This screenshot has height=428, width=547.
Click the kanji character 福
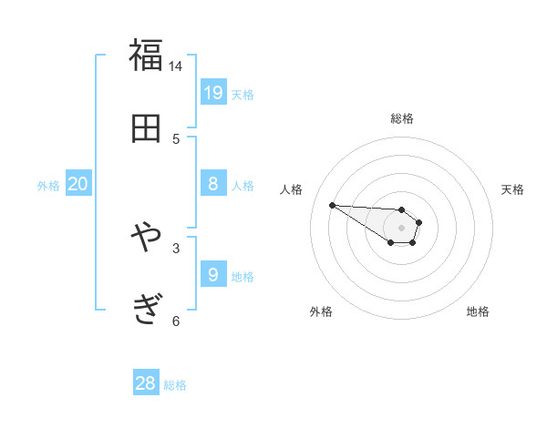[x=146, y=56]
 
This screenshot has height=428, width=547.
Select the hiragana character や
[x=146, y=238]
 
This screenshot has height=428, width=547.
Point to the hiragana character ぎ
[x=146, y=310]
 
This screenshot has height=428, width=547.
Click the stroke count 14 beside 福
[x=176, y=66]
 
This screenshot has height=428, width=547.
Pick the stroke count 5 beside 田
[x=176, y=138]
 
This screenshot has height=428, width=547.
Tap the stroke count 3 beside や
[x=176, y=247]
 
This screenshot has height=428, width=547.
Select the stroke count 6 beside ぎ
[x=176, y=320]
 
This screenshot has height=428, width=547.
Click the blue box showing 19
[x=213, y=92]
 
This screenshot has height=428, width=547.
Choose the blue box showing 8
[x=213, y=184]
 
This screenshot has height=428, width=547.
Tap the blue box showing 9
[x=213, y=274]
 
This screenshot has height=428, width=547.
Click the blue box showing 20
[x=78, y=184]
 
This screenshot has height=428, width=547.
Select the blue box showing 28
[x=146, y=383]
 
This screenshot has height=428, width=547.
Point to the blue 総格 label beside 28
[x=175, y=385]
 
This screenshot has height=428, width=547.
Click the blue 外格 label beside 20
[x=48, y=186]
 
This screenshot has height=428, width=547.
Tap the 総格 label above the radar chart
[x=402, y=118]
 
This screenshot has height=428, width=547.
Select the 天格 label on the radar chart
[x=512, y=189]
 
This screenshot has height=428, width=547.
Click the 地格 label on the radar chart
[x=478, y=311]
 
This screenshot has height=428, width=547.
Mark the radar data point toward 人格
[x=332, y=205]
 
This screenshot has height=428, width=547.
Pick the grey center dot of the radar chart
[x=401, y=227]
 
